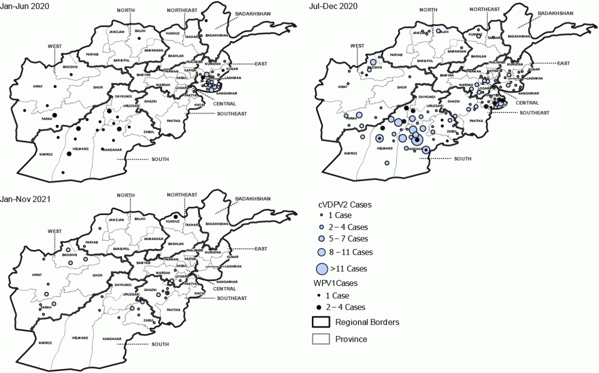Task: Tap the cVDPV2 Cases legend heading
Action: click(344, 204)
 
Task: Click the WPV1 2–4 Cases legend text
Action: click(350, 307)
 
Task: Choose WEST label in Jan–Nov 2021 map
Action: click(55, 231)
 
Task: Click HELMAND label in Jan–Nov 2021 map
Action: click(80, 338)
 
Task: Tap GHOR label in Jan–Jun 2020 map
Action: click(97, 88)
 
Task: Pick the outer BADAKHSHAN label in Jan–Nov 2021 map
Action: click(253, 198)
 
